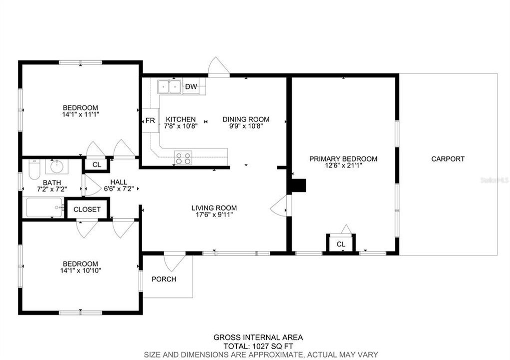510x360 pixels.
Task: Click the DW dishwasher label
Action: (191, 87)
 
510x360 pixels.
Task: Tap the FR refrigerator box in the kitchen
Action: (150, 120)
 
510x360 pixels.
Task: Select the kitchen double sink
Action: (169, 87)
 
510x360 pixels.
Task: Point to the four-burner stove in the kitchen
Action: (183, 158)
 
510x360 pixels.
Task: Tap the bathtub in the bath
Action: (44, 207)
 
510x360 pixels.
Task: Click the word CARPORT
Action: (448, 159)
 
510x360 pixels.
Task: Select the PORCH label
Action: (164, 279)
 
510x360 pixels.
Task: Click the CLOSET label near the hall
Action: (87, 209)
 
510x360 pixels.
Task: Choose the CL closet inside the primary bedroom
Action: (341, 244)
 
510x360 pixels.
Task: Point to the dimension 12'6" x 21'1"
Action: (343, 166)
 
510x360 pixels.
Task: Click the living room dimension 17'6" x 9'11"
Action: (214, 215)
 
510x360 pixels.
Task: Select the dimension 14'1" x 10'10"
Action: (80, 271)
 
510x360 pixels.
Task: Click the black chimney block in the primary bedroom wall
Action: (298, 185)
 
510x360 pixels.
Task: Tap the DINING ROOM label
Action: (246, 119)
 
